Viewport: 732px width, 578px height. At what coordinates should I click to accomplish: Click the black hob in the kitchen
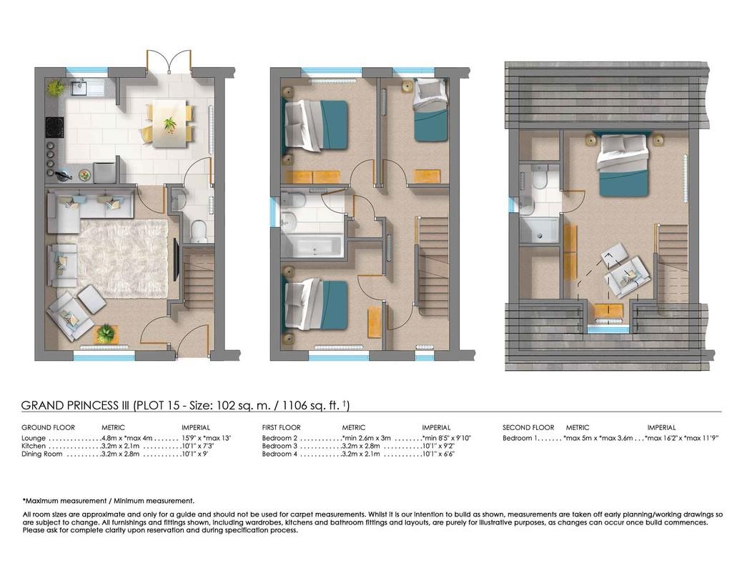pos(54,127)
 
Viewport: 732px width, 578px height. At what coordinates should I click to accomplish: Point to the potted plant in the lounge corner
pos(107,333)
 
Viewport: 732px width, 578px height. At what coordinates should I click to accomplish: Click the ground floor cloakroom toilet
pos(199,231)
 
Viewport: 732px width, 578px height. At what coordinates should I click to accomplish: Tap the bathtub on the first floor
pos(312,246)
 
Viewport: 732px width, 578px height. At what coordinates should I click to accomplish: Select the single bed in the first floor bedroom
pos(430,110)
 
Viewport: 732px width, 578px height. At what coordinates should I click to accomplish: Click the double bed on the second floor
pos(623,165)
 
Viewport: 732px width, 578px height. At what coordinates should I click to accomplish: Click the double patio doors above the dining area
pos(169,61)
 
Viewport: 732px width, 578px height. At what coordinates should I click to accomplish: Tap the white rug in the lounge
pos(123,259)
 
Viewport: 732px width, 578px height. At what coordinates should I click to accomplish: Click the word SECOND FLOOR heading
pos(528,427)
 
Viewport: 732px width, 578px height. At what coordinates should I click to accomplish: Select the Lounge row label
pos(34,438)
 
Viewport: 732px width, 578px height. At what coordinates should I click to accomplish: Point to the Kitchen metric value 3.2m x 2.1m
pos(120,446)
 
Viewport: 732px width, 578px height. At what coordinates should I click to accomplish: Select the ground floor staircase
pos(198,275)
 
